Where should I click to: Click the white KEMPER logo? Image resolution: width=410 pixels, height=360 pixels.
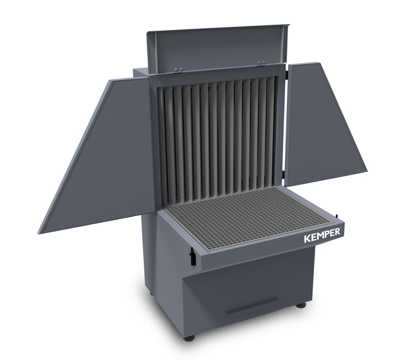323,234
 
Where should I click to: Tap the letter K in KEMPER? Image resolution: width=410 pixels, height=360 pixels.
307,238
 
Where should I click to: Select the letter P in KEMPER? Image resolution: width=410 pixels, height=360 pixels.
328,233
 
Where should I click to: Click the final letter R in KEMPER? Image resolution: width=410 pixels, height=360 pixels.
339,230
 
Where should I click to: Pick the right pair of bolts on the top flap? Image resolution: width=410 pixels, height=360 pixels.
262,63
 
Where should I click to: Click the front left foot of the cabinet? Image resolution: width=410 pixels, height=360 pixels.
190,338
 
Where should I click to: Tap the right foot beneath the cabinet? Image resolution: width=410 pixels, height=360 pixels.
301,305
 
